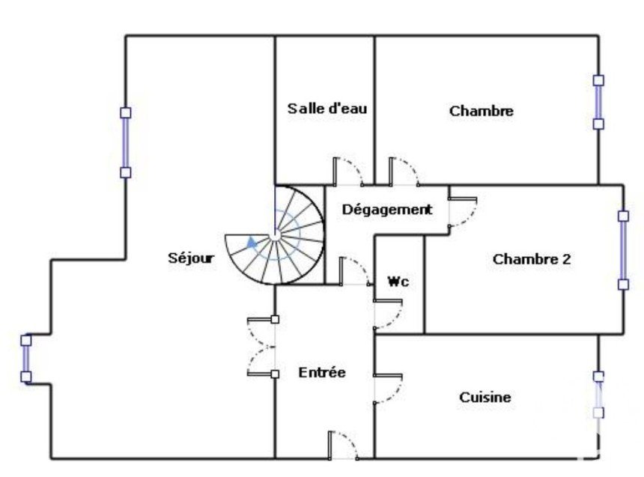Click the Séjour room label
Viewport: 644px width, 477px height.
191,258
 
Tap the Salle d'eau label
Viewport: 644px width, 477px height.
327,109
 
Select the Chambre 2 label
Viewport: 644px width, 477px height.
532,259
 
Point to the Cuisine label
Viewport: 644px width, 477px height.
485,398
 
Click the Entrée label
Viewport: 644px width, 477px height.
322,373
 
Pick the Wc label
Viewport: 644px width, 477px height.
398,282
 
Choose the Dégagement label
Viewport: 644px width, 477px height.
387,210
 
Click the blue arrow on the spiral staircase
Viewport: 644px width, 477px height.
252,242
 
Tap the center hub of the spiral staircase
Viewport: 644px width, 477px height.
275,235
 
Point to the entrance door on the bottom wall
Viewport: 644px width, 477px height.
343,445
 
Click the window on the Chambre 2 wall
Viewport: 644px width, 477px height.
623,250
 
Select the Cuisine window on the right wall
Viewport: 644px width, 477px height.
598,395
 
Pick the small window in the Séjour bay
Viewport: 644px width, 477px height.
26,359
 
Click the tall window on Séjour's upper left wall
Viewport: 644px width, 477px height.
126,142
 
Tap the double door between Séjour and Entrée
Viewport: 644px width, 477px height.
261,347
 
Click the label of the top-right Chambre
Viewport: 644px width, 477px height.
482,111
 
